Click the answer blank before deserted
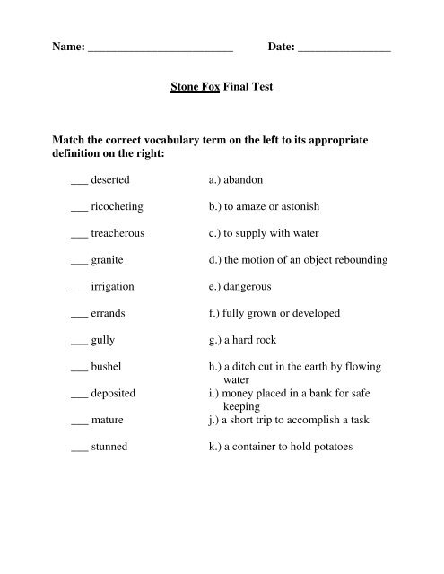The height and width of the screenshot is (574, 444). [78, 182]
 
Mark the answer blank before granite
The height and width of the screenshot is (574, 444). [78, 263]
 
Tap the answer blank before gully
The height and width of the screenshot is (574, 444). [78, 344]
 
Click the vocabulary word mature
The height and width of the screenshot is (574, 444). [108, 420]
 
